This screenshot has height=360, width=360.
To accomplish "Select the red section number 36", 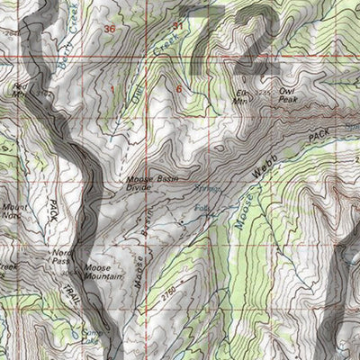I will click(110, 30).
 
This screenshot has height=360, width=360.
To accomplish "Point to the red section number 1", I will click(113, 89).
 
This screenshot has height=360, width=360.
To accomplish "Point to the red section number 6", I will click(179, 89).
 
